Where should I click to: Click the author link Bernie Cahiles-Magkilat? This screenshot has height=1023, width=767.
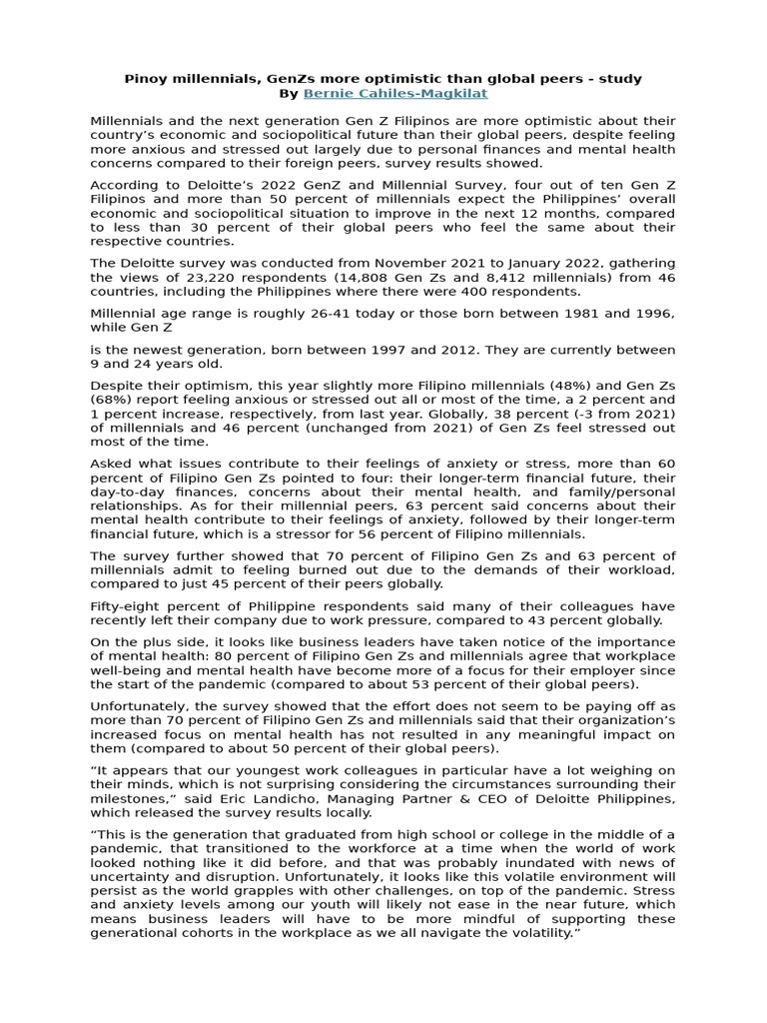[395, 94]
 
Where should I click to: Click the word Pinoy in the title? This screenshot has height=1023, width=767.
[146, 78]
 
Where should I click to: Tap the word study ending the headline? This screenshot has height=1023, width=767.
[621, 78]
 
